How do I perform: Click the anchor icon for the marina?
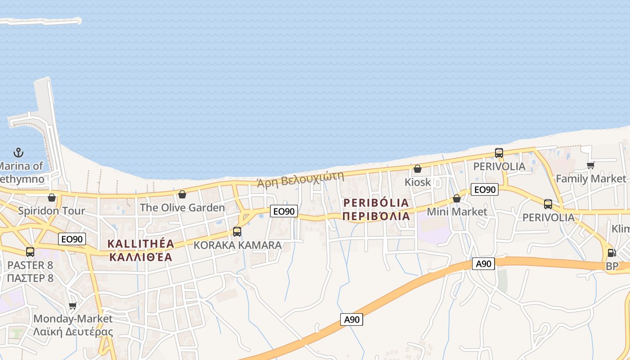18,153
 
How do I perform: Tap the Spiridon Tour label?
51,211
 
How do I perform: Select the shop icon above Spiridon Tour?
52,198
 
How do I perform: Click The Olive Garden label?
182,207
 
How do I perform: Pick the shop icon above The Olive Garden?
182,194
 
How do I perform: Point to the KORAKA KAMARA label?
238,245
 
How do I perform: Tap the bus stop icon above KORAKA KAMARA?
237,232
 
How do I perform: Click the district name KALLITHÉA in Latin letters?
141,244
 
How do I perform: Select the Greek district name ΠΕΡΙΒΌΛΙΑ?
376,216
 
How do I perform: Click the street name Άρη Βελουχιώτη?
300,179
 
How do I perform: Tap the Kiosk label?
418,182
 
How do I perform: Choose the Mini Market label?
457,211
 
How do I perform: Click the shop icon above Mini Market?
457,198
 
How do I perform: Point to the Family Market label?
591,179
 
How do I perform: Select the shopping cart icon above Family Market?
591,165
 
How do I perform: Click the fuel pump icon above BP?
612,253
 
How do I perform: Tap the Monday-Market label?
73,319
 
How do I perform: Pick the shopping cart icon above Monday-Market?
72,306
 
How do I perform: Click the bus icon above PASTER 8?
30,252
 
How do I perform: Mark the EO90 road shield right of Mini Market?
485,189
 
